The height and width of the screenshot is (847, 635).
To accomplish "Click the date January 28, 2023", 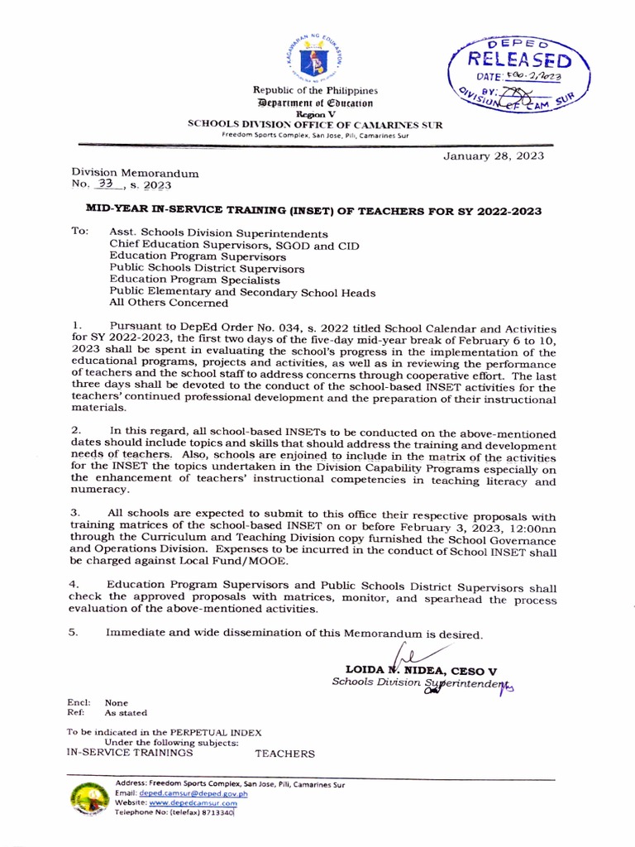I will (494, 156).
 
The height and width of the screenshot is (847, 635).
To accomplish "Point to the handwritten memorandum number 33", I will (105, 184).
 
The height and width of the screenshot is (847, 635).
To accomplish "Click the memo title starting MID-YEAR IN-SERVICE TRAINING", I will (314, 211).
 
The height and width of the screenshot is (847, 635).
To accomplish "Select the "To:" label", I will (80, 233).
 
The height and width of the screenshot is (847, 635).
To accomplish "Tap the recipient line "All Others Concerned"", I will (169, 304).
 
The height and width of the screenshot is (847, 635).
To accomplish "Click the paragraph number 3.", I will (74, 514).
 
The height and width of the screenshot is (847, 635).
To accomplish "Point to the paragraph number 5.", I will (74, 633).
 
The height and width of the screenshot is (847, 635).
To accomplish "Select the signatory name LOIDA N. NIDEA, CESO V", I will (421, 670).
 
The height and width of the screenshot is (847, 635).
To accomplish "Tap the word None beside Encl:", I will (116, 702).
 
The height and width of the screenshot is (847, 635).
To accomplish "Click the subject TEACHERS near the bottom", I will (284, 754).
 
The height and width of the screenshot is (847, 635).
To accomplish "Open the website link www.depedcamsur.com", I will (193, 802).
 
